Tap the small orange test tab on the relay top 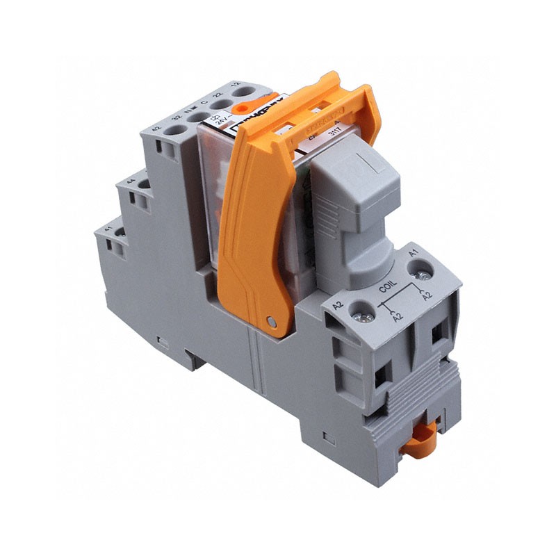238,108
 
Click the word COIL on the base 387,286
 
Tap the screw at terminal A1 420,277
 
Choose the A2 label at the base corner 338,306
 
